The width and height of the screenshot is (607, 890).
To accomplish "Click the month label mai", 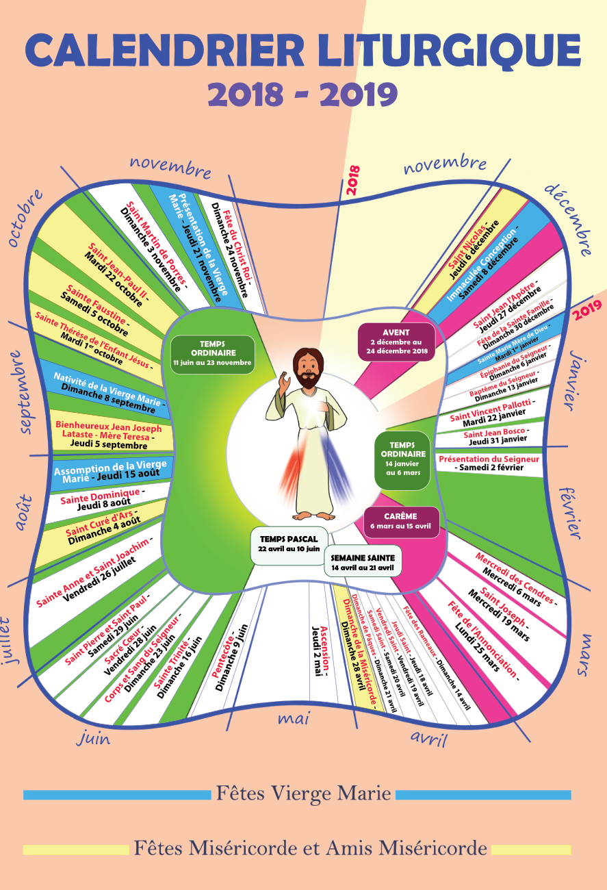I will click(294, 718).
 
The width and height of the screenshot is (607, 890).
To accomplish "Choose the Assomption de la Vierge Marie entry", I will click(109, 472).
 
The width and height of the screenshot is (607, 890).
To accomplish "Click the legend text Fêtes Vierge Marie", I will click(304, 793).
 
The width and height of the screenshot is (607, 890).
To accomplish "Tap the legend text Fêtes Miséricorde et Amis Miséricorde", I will click(310, 849).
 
